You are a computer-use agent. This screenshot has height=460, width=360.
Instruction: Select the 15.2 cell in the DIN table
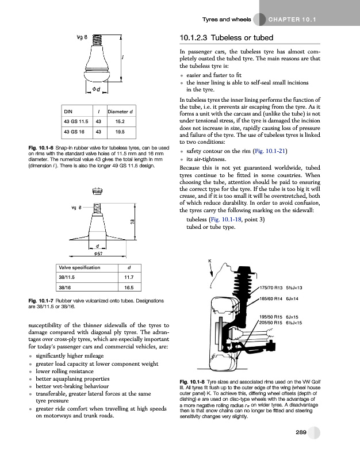pos(120,121)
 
